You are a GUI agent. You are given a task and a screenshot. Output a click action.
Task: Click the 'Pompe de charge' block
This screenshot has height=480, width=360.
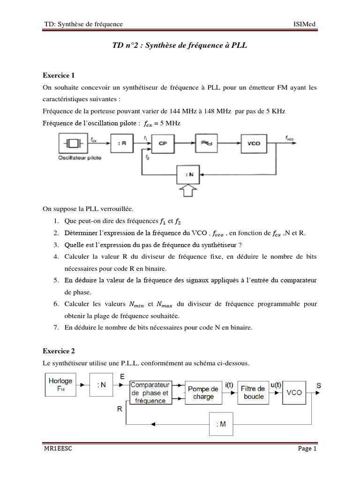click(203, 393)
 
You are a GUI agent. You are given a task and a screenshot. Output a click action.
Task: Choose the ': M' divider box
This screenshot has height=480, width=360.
click(221, 424)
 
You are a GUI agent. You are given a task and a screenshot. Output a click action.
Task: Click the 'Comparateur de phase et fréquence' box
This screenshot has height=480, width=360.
click(150, 393)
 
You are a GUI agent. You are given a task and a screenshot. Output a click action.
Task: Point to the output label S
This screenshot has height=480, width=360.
click(318, 386)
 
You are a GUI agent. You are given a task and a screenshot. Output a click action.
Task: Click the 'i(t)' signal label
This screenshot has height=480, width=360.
click(230, 385)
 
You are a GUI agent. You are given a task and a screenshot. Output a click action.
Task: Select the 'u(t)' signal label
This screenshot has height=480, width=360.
click(277, 385)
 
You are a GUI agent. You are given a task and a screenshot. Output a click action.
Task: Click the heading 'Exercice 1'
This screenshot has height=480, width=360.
click(59, 75)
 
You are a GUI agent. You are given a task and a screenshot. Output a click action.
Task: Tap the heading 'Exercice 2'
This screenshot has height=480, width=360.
click(59, 351)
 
